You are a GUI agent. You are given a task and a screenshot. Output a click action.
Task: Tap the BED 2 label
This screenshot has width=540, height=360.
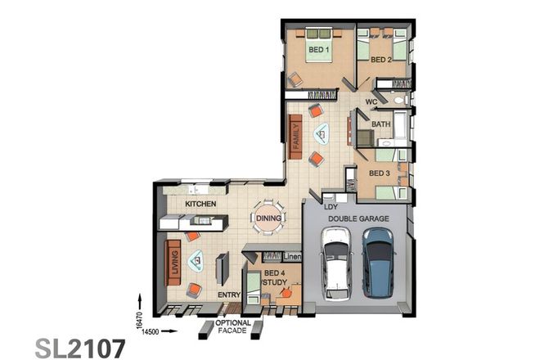click(381, 60)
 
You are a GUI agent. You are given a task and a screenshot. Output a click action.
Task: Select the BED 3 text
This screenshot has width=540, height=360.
click(379, 173)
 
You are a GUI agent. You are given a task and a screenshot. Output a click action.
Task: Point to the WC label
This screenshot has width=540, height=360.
click(371, 102)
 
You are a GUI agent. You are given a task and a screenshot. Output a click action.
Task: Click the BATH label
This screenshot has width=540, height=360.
click(381, 124)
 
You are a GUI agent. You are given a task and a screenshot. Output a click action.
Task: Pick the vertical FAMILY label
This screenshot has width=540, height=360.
click(296, 133)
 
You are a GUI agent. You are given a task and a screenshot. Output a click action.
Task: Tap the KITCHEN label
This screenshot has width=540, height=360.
click(200, 203)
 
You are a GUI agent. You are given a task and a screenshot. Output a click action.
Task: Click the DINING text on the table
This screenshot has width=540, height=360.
click(269, 218)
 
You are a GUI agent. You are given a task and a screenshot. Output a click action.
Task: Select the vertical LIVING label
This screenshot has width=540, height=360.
click(173, 262)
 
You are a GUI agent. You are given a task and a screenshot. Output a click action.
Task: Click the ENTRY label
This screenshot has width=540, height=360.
click(228, 295)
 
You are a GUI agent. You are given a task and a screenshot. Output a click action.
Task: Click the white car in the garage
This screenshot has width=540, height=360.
click(335, 264)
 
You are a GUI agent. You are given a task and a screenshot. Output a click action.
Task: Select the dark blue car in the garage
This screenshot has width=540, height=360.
click(377, 262)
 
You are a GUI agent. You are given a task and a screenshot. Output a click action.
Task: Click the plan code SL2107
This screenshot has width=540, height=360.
click(81, 348)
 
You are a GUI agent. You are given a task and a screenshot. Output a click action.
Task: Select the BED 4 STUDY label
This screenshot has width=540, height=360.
click(274, 278)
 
